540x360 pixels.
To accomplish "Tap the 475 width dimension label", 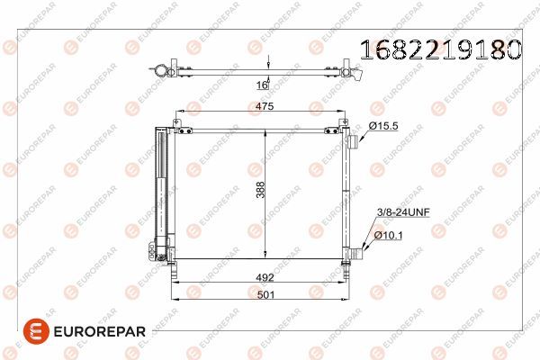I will [262, 106].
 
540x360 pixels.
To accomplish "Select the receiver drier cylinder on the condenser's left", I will [162, 189].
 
